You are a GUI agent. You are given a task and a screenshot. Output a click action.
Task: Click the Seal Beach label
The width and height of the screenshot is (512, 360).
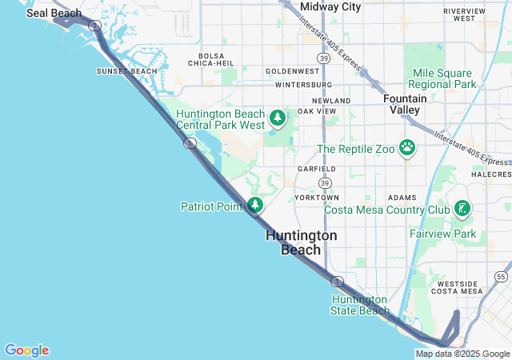(x=54, y=14)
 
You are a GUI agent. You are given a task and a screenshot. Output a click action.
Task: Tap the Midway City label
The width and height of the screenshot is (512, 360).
(x=330, y=6)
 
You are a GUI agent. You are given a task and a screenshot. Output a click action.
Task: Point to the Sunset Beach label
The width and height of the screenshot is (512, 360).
(x=127, y=71)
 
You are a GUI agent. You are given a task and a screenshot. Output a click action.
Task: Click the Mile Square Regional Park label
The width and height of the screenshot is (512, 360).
(x=442, y=78)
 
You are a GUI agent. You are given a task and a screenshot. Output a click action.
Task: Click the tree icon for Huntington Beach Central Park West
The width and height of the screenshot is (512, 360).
(x=278, y=119)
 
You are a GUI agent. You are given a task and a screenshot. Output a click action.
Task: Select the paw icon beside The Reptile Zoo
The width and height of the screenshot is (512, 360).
(x=408, y=148)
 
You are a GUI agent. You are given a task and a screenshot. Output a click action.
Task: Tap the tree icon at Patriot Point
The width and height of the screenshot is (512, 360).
(x=255, y=206)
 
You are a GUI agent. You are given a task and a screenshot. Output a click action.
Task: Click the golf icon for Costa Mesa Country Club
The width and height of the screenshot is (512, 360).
(x=461, y=210)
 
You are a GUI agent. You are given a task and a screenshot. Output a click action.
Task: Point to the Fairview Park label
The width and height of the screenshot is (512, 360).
(x=442, y=234)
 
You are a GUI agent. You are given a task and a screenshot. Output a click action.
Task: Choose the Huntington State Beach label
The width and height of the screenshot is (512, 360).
(x=360, y=305)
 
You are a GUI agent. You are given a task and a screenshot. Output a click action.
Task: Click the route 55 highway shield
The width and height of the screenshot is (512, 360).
(x=501, y=277)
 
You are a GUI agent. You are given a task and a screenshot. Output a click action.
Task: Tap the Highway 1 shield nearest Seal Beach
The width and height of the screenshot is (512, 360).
(x=94, y=26)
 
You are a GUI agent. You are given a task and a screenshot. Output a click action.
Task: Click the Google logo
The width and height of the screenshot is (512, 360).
(x=26, y=350)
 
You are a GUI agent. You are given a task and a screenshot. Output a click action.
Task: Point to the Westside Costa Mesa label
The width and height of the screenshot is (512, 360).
(x=459, y=287)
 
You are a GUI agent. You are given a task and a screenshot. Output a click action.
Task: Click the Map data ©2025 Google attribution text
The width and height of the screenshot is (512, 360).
(x=462, y=354)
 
